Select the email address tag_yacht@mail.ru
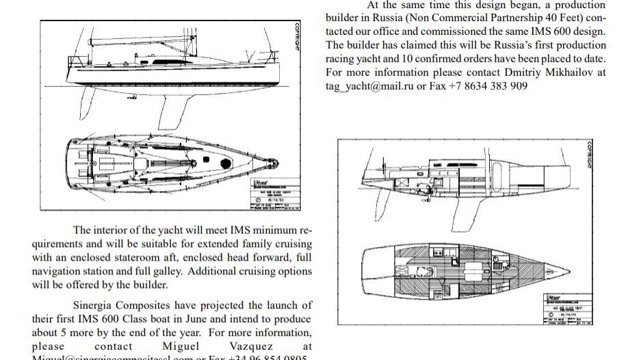[373, 86]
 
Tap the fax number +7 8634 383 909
[488, 86]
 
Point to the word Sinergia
[94, 305]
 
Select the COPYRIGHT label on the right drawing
[590, 155]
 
